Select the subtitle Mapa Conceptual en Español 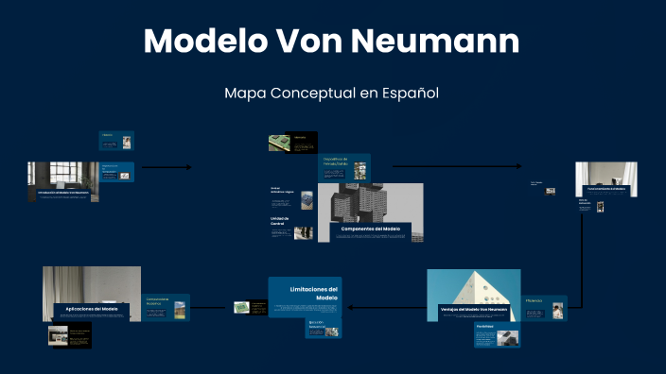tap(332, 93)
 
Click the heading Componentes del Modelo tap(370, 229)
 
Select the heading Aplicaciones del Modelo tap(92, 309)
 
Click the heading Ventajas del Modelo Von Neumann tap(474, 309)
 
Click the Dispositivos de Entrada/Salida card tap(343, 166)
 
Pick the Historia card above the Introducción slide tap(116, 141)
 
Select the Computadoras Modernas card tap(166, 306)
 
